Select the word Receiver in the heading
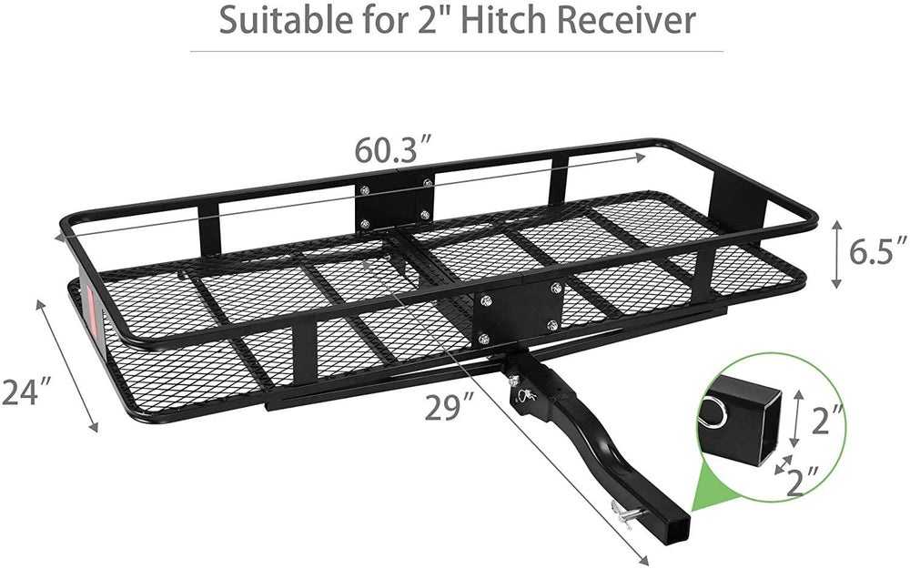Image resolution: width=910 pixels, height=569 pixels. [622, 20]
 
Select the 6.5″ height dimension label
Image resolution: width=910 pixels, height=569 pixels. [879, 252]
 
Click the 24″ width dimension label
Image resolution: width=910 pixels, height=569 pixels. [25, 392]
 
